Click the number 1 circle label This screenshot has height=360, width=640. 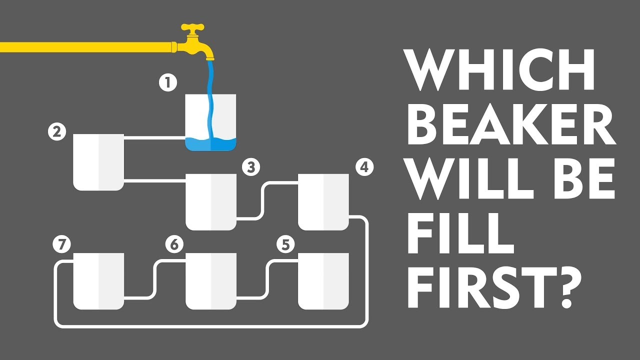pos(168,82)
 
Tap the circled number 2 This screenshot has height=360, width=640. pos(57,131)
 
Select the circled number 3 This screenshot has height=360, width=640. pos(251,167)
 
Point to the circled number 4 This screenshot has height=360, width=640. pos(365,167)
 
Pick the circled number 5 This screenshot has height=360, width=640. pos(286,244)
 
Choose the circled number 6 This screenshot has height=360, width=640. pos(174,244)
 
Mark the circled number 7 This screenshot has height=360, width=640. pos(61,244)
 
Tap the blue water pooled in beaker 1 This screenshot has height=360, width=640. pos(211,144)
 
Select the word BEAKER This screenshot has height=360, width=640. pos(511,124)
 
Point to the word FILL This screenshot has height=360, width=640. pos(460,233)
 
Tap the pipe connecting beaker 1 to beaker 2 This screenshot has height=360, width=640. pos(154,138)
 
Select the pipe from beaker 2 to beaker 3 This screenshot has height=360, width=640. pos(154,180)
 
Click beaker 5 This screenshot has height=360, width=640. pos(323,281)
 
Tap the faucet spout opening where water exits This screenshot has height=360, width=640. pos(210,59)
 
